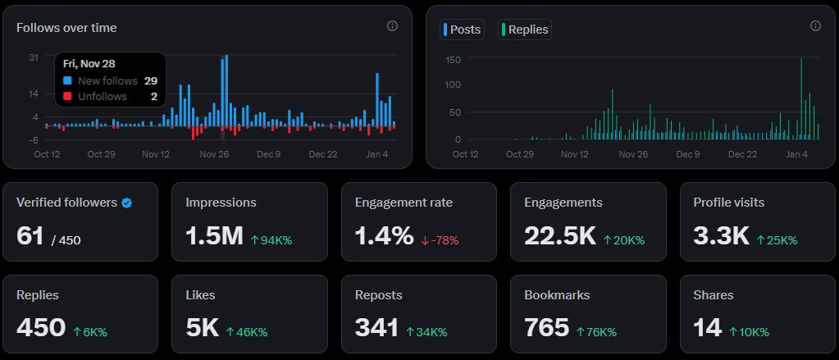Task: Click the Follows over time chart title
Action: tap(66, 28)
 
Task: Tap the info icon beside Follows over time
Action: tap(392, 26)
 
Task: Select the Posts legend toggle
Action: tap(463, 30)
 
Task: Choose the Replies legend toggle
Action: tap(524, 30)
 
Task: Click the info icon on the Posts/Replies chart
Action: tap(815, 26)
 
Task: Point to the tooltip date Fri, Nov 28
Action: tap(90, 64)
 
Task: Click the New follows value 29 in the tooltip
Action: tap(150, 80)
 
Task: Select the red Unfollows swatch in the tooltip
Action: tap(67, 96)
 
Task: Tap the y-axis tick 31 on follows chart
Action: tap(34, 57)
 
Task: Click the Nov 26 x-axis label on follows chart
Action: tap(213, 154)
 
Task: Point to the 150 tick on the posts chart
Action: tap(453, 60)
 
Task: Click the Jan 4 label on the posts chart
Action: tap(796, 154)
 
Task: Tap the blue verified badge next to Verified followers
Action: tap(126, 203)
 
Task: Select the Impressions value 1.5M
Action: tap(214, 236)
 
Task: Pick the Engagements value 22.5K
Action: tap(559, 236)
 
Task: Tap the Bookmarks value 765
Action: tap(546, 327)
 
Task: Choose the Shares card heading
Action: tap(713, 294)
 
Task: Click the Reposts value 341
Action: tap(376, 327)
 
